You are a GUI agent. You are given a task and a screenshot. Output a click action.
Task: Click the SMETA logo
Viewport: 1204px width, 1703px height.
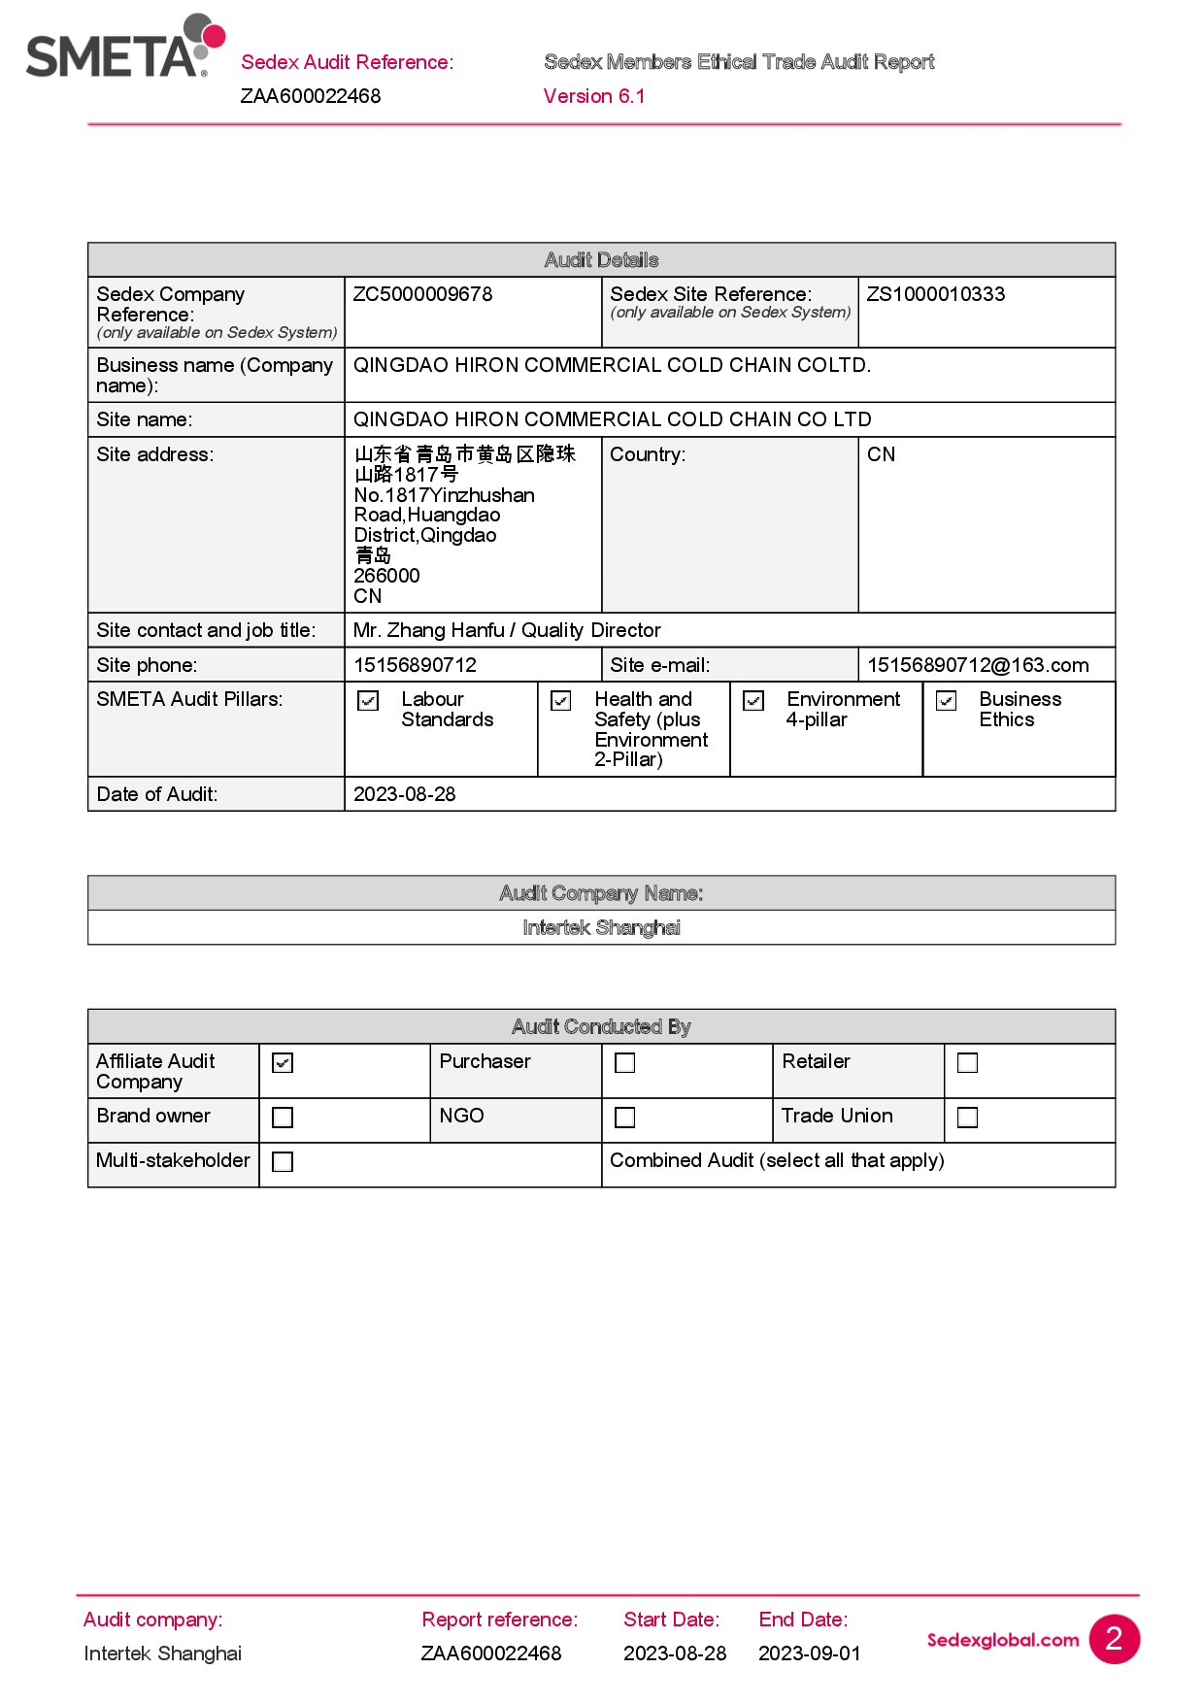pos(124,48)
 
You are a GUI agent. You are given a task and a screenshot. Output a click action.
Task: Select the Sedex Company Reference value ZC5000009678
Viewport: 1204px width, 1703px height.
pos(422,294)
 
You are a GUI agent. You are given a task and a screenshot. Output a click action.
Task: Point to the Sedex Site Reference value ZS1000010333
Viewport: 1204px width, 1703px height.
pos(935,294)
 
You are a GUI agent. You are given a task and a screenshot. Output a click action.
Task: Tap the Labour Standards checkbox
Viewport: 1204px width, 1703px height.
pos(368,701)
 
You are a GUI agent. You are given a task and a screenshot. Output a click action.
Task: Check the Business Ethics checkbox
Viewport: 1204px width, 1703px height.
pos(947,701)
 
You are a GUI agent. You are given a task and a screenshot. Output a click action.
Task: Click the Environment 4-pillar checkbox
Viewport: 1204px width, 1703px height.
pos(753,701)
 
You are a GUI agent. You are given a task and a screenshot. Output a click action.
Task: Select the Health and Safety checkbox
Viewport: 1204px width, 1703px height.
pos(561,701)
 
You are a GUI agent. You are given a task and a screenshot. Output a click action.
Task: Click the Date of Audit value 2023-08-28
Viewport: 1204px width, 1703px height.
pos(404,794)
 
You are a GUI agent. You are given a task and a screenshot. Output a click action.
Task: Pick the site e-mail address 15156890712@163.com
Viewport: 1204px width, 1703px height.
pos(977,665)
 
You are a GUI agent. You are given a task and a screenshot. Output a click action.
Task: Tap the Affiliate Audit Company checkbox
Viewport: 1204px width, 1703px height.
pos(283,1063)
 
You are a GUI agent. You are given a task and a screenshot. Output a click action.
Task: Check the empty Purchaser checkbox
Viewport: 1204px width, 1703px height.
pos(625,1063)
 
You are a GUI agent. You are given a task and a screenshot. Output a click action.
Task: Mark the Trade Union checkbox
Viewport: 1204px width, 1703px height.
pos(967,1118)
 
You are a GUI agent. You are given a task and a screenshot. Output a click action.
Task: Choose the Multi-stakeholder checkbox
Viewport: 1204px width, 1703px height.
pos(283,1161)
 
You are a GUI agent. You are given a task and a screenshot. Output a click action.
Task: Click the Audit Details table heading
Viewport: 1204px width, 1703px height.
pos(601,260)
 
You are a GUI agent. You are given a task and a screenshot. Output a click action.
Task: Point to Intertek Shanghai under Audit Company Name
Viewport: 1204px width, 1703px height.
pos(601,928)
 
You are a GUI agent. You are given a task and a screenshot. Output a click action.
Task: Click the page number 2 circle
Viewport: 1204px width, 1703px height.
pos(1114,1639)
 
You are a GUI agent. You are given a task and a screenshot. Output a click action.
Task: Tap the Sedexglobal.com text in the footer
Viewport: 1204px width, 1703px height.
pos(1002,1640)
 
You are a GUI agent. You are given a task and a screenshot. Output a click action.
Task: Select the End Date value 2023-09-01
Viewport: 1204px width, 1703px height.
pos(809,1653)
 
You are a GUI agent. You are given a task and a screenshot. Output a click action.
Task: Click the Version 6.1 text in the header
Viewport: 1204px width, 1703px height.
pos(593,96)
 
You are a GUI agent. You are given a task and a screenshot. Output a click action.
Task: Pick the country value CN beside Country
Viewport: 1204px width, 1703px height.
pos(881,454)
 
